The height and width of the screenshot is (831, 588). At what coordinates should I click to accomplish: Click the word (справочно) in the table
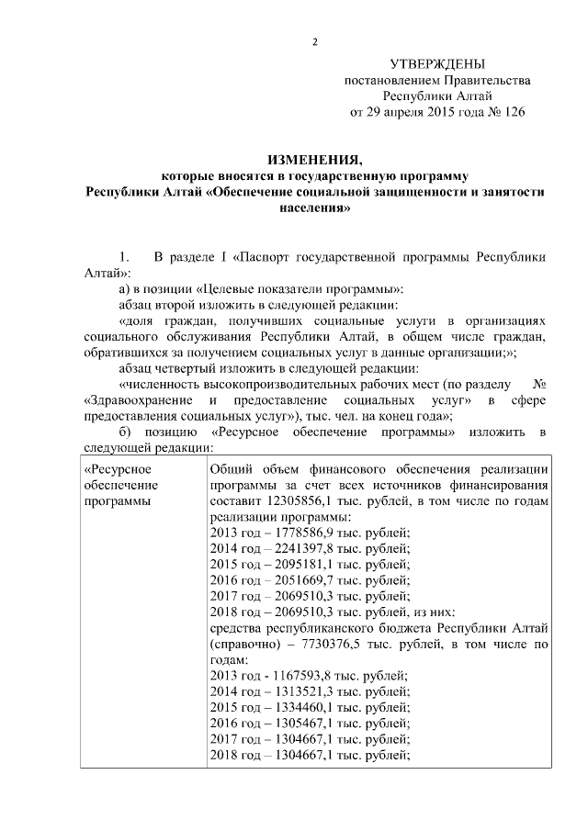[x=245, y=645]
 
